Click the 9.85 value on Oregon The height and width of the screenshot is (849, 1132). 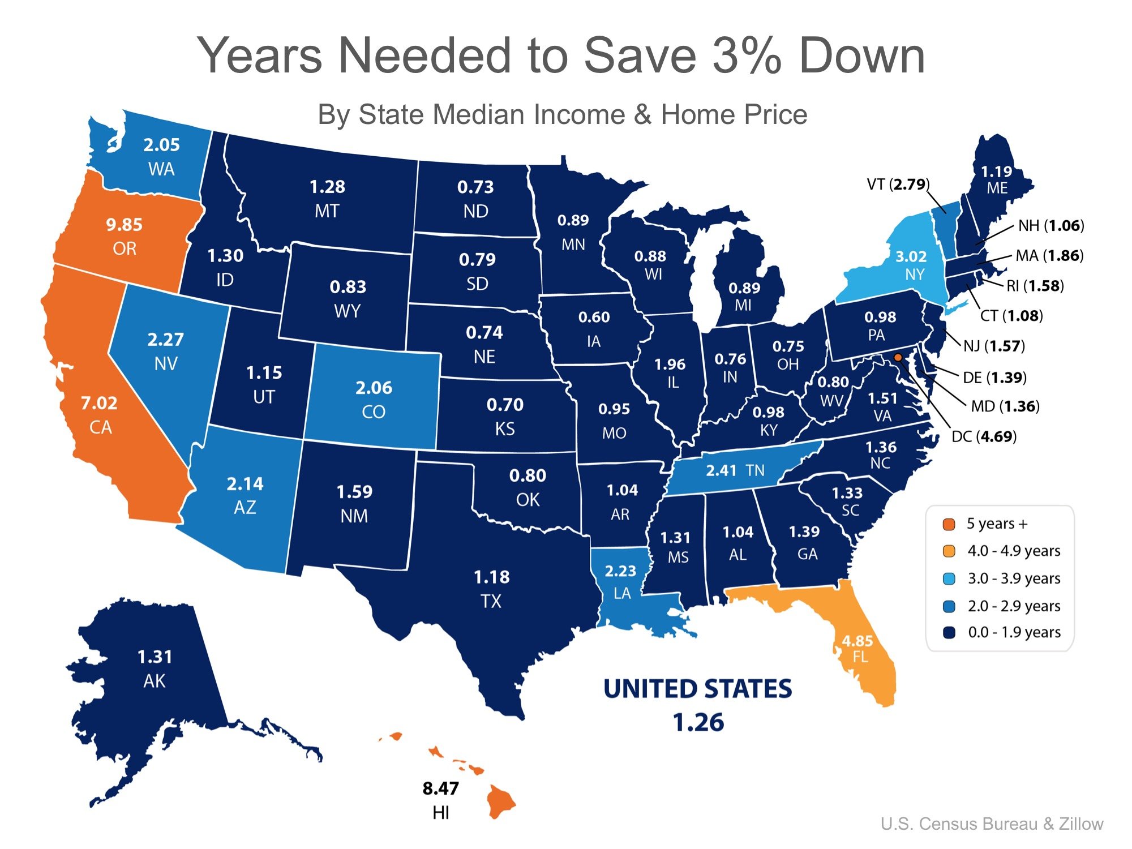tap(124, 225)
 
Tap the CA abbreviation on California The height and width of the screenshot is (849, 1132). tap(101, 427)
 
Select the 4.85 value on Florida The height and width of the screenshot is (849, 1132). tap(857, 641)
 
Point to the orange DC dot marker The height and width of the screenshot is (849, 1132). tap(898, 357)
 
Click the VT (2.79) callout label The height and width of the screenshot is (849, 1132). tap(898, 184)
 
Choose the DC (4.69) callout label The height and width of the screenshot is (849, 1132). tap(984, 436)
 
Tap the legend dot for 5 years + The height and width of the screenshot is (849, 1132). tap(949, 524)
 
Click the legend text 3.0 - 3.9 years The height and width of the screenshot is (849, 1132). tap(1014, 578)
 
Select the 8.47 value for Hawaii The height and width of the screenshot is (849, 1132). tap(440, 788)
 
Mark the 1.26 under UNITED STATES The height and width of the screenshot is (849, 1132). tap(698, 723)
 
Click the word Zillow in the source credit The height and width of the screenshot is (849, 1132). tap(1081, 824)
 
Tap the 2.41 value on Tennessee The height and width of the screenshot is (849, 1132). tap(721, 470)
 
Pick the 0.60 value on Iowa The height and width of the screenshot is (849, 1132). tap(594, 317)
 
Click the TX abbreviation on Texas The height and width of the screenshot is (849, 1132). tap(491, 601)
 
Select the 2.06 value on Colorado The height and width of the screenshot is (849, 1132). tap(374, 388)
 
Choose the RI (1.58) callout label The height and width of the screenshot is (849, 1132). tap(1035, 286)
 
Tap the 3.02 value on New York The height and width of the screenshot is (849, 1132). tap(911, 256)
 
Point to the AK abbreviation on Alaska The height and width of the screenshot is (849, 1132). tap(155, 681)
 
